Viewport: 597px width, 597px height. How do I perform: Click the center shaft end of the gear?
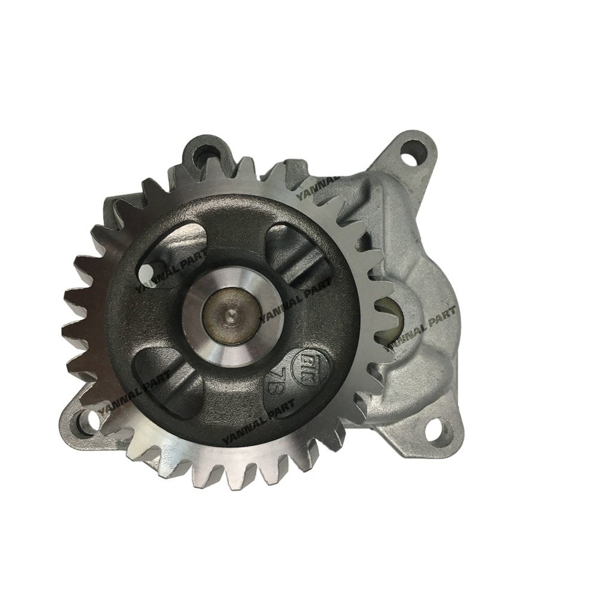tap(230, 310)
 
